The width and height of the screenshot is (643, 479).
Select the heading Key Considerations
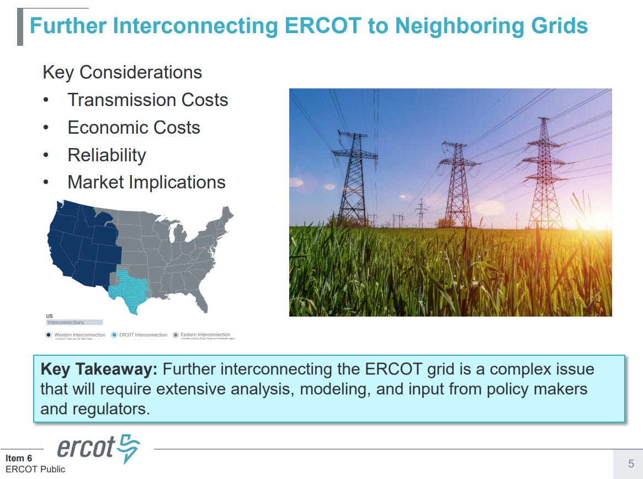pyautogui.click(x=122, y=72)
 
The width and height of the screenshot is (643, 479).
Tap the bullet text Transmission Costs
pyautogui.click(x=147, y=100)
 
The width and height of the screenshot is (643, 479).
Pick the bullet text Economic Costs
pyautogui.click(x=134, y=128)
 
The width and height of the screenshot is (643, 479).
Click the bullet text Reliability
pyautogui.click(x=107, y=155)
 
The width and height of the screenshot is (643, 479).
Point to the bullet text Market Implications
pyautogui.click(x=146, y=182)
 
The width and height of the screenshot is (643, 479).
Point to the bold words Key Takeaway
pyautogui.click(x=99, y=370)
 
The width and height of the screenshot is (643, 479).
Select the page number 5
pyautogui.click(x=631, y=464)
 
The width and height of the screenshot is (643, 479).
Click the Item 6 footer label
pyautogui.click(x=19, y=458)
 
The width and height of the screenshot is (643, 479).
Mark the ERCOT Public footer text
pyautogui.click(x=35, y=469)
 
